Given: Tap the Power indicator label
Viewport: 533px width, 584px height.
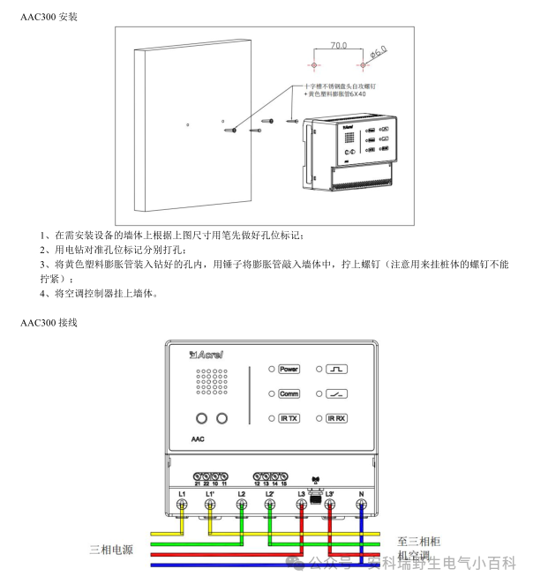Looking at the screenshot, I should [x=289, y=369].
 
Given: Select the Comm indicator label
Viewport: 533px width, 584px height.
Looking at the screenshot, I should [x=289, y=393].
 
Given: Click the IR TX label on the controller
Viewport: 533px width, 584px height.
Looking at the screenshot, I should [x=289, y=418].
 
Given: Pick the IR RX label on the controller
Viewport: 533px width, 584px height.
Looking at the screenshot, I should [x=336, y=418].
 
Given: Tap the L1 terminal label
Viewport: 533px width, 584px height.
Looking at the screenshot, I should [x=182, y=492].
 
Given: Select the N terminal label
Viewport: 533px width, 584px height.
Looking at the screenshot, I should [x=361, y=492].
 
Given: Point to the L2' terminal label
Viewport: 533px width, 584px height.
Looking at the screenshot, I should [x=270, y=492].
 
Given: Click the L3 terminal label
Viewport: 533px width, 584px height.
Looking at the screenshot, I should [x=301, y=492].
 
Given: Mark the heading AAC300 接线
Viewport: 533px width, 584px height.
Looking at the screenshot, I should [x=49, y=323].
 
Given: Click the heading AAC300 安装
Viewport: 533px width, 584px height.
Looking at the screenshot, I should [x=49, y=17].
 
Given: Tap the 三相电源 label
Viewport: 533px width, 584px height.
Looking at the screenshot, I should [x=111, y=550].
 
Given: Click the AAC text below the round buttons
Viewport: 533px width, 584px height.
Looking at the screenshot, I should [x=198, y=438].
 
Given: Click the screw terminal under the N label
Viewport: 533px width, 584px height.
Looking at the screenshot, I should [x=361, y=505].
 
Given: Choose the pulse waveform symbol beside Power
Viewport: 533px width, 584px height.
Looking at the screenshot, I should [x=336, y=369].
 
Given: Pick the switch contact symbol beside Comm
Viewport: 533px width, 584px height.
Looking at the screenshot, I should [x=336, y=393].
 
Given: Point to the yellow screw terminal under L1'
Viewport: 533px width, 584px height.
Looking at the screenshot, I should [x=211, y=505].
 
